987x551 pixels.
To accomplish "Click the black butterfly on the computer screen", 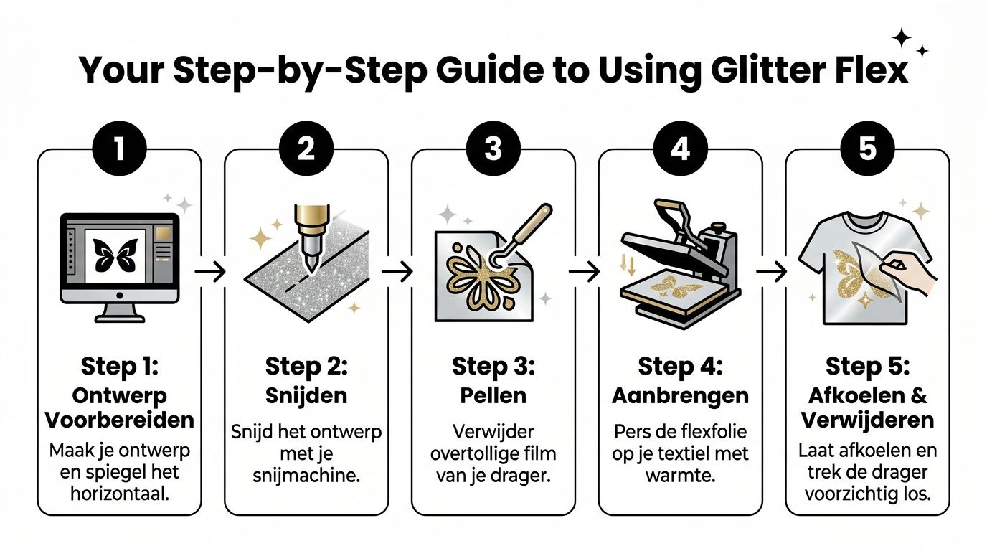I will tap(115, 255).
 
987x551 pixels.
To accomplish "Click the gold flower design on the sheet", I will tap(474, 275).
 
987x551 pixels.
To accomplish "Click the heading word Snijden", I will tap(306, 395).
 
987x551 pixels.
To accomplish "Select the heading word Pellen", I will tap(493, 395).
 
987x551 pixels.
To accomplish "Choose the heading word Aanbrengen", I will tap(680, 395).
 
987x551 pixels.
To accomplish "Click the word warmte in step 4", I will tap(680, 475).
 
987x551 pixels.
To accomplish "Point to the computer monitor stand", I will tap(119, 312).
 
